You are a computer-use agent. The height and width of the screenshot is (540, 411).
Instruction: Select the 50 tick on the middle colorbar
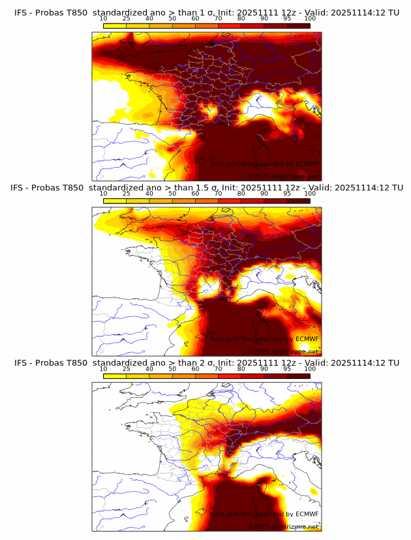coord(172,193)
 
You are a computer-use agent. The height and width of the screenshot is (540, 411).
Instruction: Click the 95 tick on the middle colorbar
coord(287,193)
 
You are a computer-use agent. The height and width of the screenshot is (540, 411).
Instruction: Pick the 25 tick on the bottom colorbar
coord(127,369)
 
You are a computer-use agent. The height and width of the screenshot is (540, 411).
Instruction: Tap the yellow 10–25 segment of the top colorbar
coord(115,25)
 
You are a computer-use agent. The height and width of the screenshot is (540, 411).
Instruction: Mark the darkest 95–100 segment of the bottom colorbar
coord(298,376)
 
